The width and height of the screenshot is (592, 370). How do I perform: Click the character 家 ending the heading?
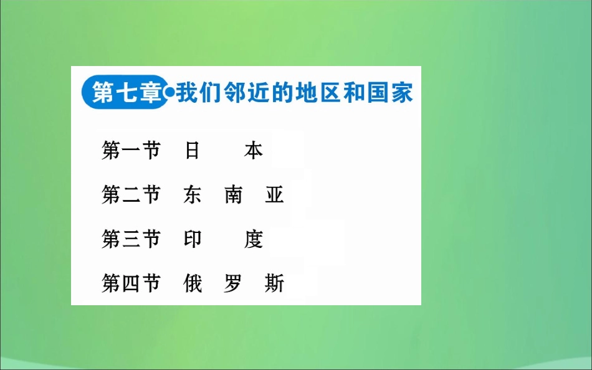coord(403,93)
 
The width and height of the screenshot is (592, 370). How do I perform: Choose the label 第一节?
coord(131,151)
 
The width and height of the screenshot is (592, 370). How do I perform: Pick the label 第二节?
coord(131,195)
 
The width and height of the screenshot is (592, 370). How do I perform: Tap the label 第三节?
coord(131,239)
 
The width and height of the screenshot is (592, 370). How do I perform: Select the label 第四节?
coord(131,283)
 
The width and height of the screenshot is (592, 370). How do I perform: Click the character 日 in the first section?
coord(192,151)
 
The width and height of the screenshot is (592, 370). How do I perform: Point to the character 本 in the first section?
coord(254,151)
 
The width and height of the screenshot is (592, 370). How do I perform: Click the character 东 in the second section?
coord(193,195)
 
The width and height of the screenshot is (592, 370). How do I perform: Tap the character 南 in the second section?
coord(234,195)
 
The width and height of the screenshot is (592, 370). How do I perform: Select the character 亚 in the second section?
coord(274,195)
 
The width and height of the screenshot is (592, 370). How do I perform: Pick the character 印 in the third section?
coord(193,239)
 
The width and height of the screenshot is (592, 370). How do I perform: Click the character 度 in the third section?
coord(254,239)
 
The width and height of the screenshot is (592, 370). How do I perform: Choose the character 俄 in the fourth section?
coord(193,283)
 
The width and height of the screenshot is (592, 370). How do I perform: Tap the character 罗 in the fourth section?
coord(234,283)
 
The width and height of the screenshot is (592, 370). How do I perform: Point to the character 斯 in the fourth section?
coord(274,283)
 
